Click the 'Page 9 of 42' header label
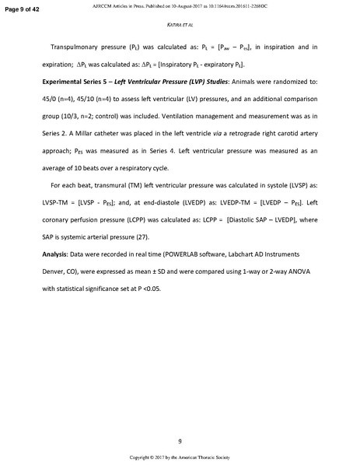coord(23,6)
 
